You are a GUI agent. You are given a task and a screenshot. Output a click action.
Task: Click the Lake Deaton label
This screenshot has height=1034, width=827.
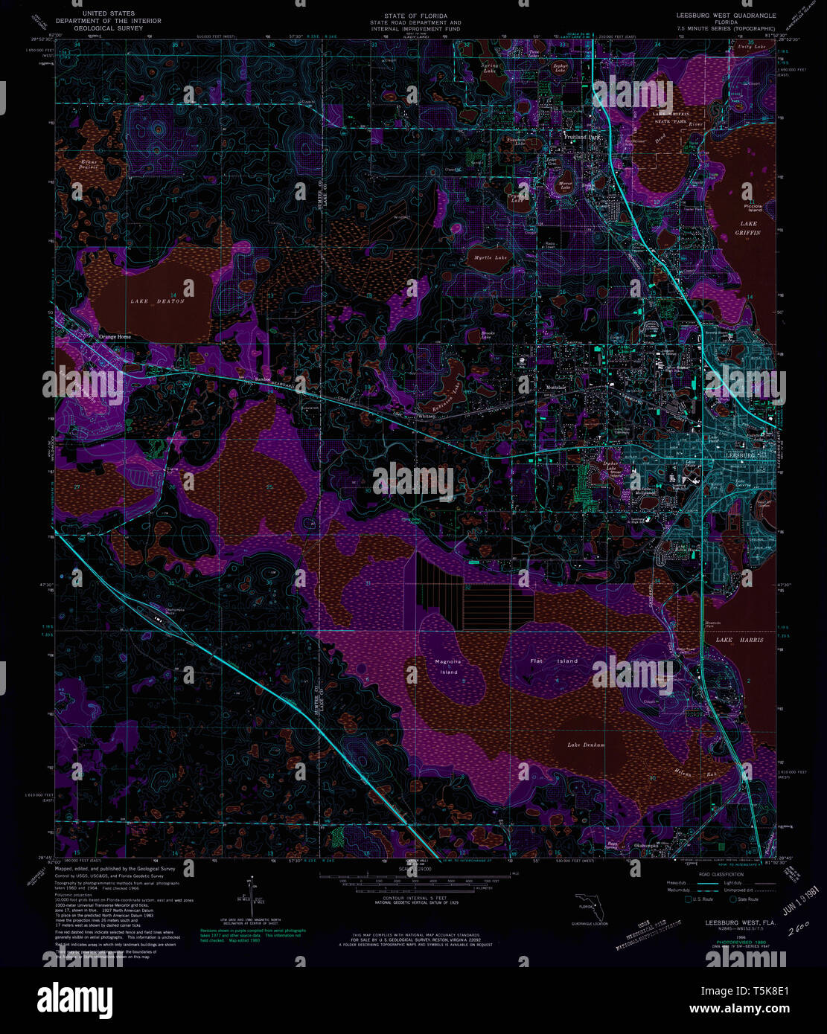click(157, 301)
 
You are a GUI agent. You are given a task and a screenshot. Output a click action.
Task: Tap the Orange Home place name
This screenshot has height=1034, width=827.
click(115, 337)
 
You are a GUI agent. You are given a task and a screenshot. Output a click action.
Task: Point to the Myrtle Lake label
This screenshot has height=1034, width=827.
click(491, 258)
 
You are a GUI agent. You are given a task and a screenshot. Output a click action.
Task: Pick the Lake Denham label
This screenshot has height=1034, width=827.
click(586, 745)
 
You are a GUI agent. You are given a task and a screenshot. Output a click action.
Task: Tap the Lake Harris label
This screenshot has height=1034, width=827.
click(739, 640)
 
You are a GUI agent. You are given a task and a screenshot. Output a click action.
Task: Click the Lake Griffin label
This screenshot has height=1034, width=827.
click(748, 228)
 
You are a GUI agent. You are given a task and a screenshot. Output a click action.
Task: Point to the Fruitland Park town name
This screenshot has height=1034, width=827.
click(582, 138)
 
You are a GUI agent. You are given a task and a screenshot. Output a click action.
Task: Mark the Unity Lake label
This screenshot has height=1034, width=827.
click(751, 47)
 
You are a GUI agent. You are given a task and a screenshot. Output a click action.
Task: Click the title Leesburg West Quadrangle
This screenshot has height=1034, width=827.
click(725, 15)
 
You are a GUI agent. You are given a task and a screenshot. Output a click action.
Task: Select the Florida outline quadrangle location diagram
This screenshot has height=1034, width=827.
click(588, 906)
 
